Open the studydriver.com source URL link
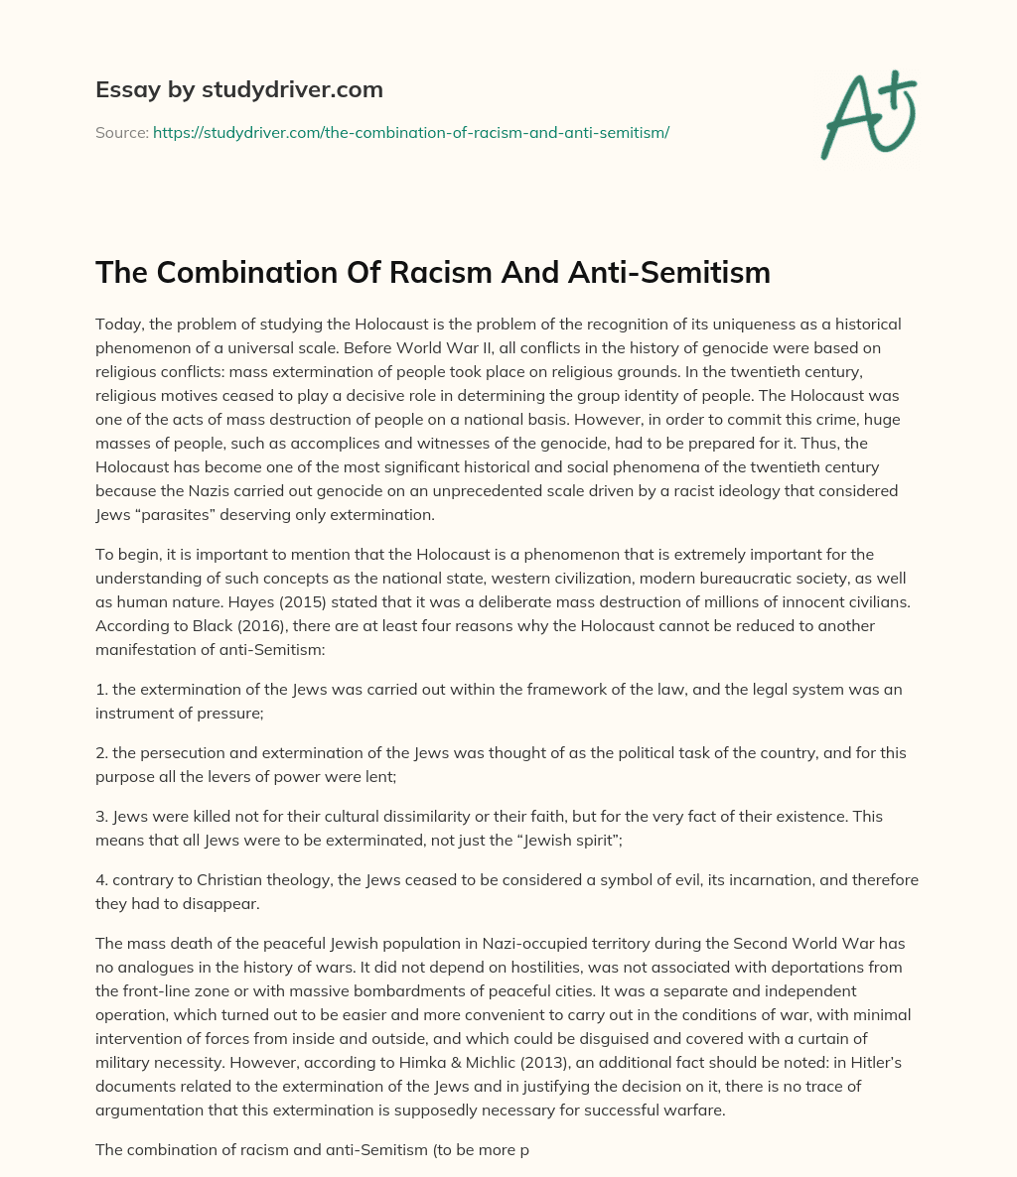point(411,132)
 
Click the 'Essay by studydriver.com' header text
point(239,89)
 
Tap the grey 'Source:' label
point(121,132)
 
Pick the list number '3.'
point(102,816)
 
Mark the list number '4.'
point(102,879)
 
